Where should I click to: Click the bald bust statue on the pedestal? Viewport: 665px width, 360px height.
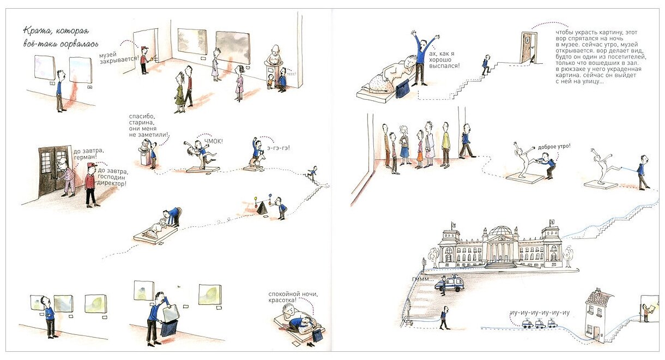coord(274,55)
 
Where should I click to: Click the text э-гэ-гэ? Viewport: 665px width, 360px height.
coord(278,147)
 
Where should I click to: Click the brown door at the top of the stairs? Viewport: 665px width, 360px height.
coord(527,48)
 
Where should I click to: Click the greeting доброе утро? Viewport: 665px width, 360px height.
coord(554,147)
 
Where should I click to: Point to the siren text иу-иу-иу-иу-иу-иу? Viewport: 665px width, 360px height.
coord(540,313)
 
